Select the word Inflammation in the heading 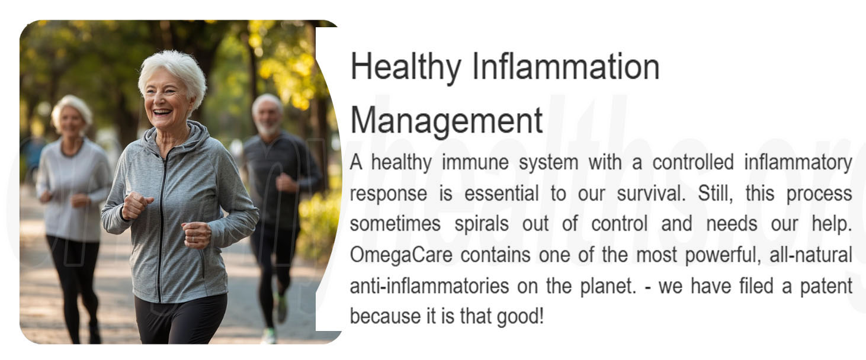coord(566,66)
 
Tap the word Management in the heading coord(447,121)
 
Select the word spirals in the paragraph coord(482,224)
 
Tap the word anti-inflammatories coord(429,286)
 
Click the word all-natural coord(811,255)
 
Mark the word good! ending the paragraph coord(520,317)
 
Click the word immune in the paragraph coord(475,162)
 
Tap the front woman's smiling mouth coord(162,112)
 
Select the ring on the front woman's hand coord(193,239)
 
